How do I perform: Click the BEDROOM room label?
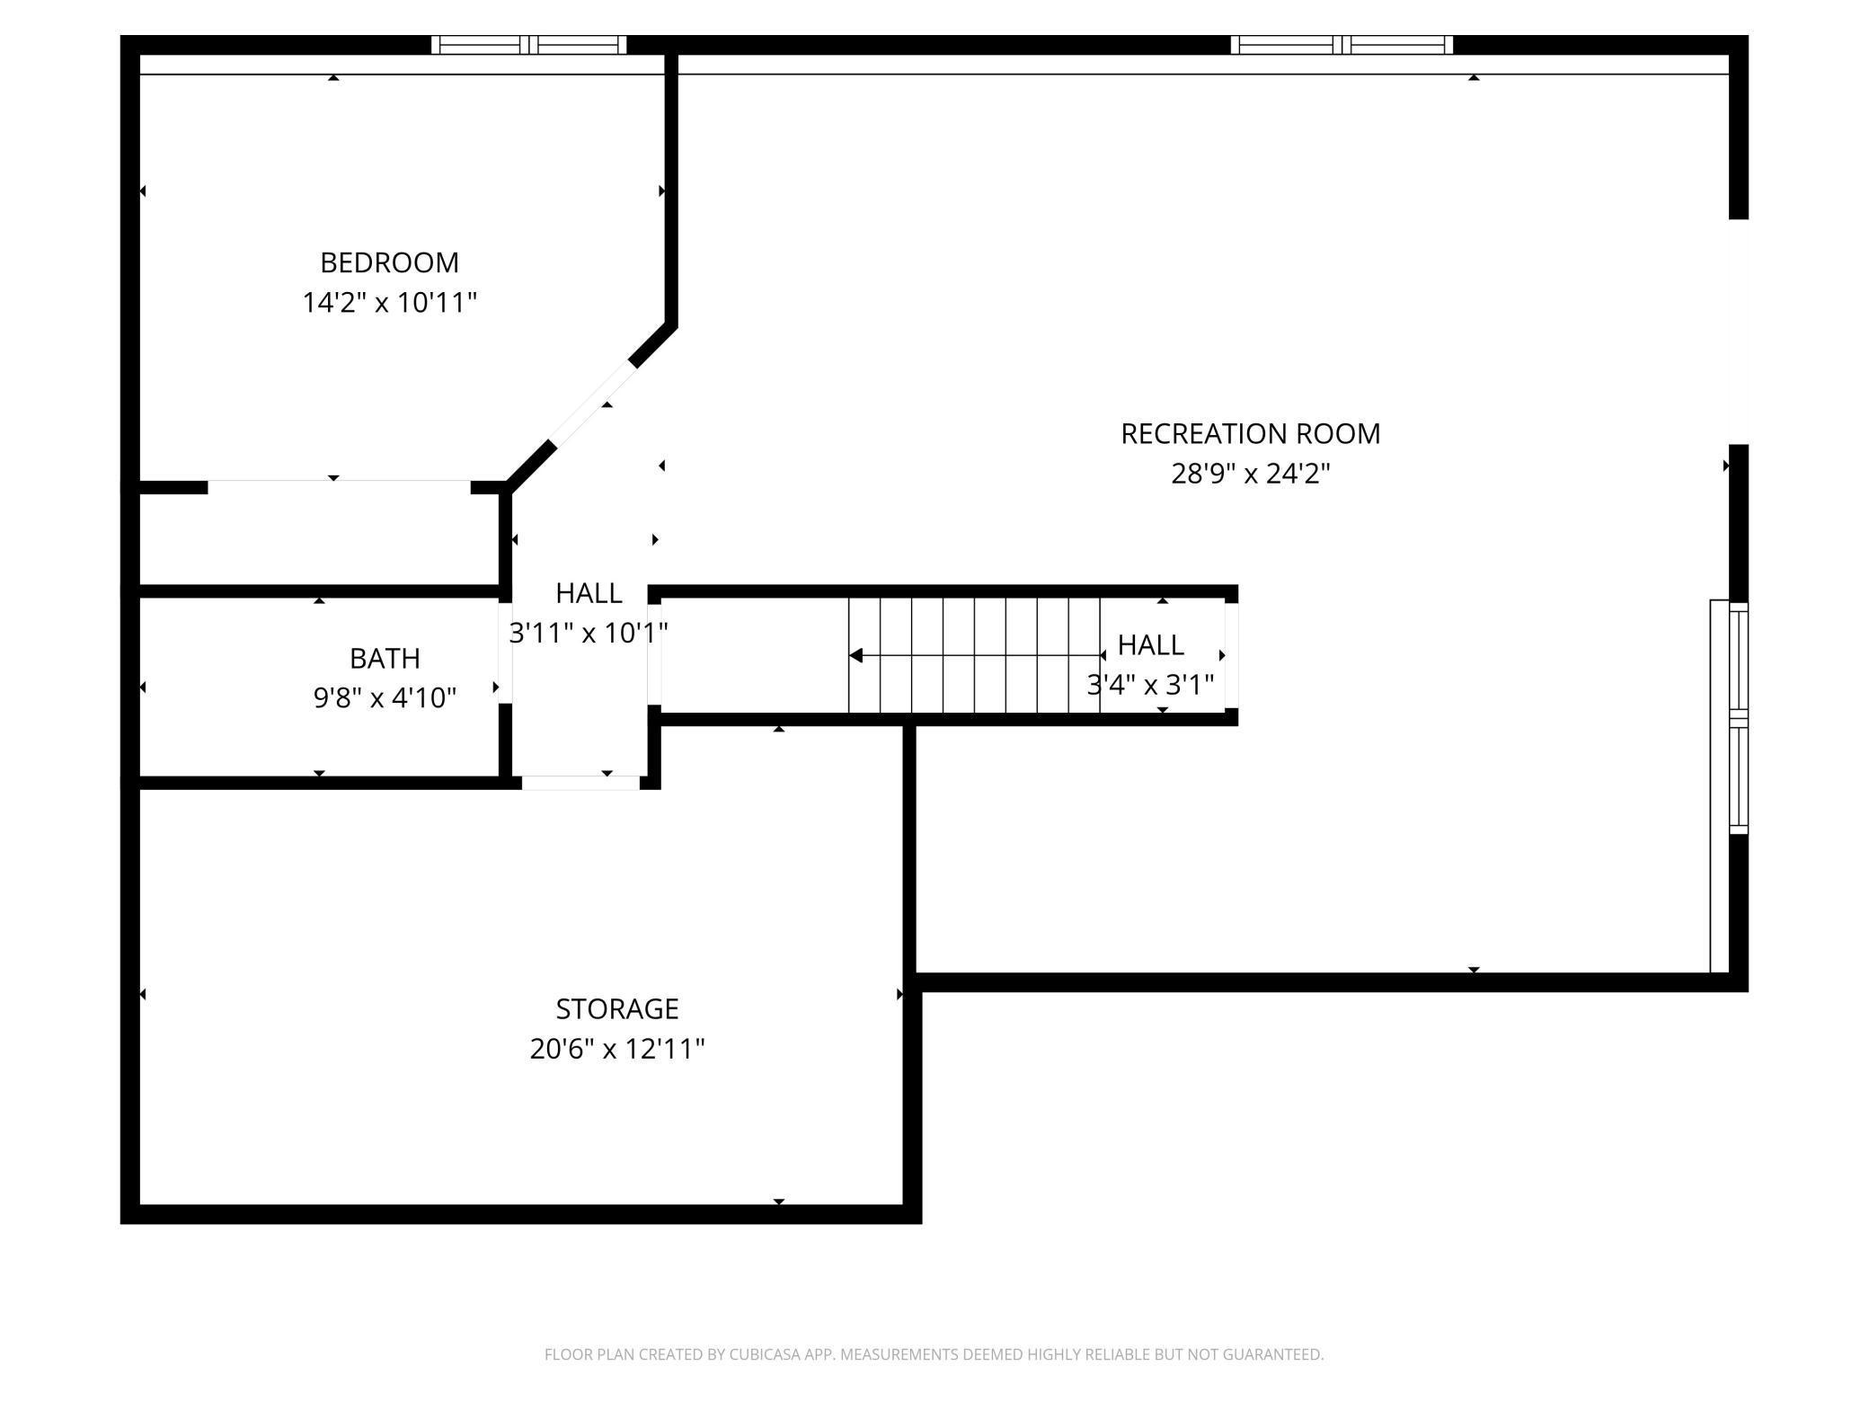pos(389,262)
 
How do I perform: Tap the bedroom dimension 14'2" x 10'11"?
pos(389,302)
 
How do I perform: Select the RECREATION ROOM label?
pos(1250,434)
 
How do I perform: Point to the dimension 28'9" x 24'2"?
pos(1250,474)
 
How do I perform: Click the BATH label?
pos(385,659)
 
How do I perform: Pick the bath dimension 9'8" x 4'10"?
pos(385,698)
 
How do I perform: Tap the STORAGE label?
pos(616,1009)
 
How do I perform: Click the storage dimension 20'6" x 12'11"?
pos(616,1049)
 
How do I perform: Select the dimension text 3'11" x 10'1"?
pos(589,633)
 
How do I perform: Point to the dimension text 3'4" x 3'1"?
pos(1150,685)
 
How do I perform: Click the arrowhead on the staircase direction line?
pos(856,655)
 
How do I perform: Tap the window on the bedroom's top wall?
pos(529,45)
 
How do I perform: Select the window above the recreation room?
pos(1342,45)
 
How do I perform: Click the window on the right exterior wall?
pos(1739,718)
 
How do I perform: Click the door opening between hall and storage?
pos(580,783)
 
